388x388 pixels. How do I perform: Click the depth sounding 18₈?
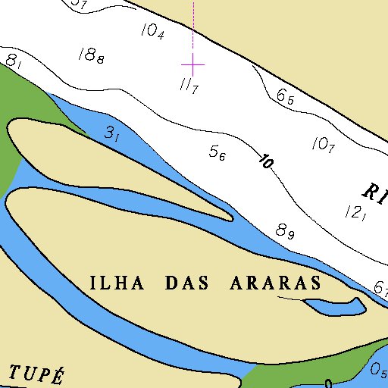coord(91,55)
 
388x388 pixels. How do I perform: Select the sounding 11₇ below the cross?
coord(189,86)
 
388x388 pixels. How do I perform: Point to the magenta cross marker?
coord(193,65)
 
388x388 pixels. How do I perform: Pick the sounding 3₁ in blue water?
coord(112,135)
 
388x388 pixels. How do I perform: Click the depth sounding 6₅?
coord(285,97)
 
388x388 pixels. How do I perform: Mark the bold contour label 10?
coord(266,161)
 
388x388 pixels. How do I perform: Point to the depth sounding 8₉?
coord(285,231)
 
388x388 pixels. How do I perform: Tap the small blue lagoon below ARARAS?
coord(334,306)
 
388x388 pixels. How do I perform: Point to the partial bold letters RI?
coord(375,191)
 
